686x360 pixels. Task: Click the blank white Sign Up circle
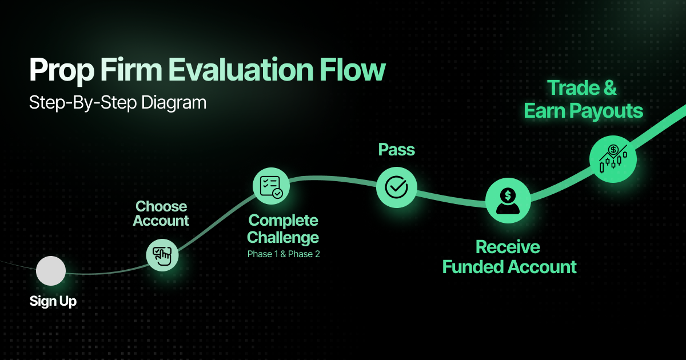(51, 271)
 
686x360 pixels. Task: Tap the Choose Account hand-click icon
(162, 254)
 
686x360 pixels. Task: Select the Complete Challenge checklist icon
(271, 186)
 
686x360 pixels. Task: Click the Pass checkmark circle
(396, 187)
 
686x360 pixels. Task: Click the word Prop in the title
(61, 71)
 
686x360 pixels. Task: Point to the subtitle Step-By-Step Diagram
(117, 103)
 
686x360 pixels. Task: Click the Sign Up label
(53, 301)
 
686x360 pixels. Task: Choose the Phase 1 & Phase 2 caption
(284, 254)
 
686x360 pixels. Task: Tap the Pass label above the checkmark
(396, 150)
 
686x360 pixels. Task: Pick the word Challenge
(283, 237)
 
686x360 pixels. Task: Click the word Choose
(161, 206)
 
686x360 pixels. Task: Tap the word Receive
(508, 247)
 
